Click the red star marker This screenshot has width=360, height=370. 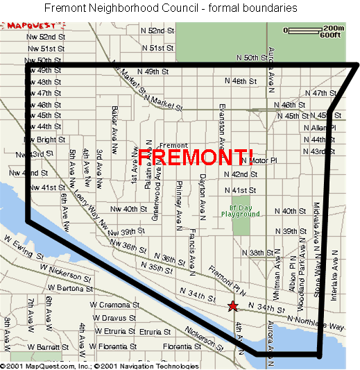[233, 305]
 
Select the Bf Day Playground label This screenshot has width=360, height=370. [245, 210]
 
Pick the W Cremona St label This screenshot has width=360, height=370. [110, 305]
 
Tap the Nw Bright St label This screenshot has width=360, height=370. [46, 140]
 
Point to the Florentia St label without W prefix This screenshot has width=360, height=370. [177, 346]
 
